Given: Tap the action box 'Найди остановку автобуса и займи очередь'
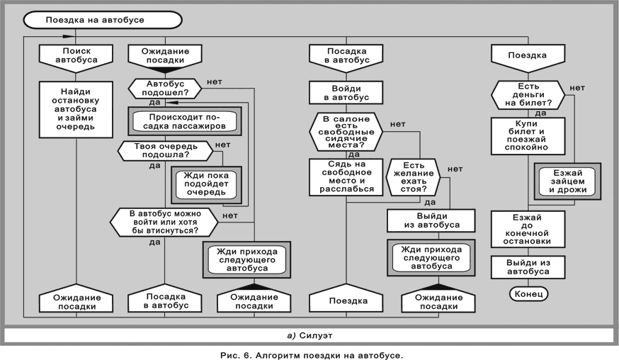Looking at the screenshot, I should [76, 111].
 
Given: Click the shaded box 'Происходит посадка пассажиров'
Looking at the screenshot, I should [184, 121].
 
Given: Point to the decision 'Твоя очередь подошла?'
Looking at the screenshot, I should [164, 150].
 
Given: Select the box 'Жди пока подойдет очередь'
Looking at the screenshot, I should [205, 184].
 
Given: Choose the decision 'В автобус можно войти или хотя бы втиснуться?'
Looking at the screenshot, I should [164, 222].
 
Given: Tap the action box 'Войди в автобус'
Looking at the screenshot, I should [346, 92].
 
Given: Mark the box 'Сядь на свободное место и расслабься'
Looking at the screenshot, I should [346, 177].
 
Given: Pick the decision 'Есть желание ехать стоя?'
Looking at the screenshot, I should [414, 177].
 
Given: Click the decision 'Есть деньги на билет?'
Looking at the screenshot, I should [528, 94].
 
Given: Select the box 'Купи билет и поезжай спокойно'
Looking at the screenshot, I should [528, 136].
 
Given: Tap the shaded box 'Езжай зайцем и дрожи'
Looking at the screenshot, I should [567, 180].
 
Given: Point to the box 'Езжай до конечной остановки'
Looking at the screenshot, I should [528, 229].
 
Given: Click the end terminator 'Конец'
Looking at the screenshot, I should [528, 293].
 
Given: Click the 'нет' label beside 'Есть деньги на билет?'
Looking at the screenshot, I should [578, 88].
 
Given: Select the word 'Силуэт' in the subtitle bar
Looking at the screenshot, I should [317, 334].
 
